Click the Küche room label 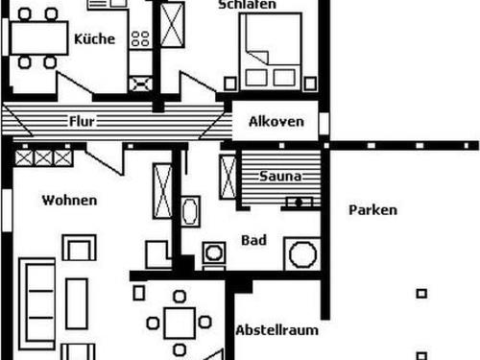94,39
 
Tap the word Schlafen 248,5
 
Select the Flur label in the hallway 82,121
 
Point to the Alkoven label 276,121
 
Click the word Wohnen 68,201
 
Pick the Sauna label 281,177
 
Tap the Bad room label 253,240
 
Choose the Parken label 372,210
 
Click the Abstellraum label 277,330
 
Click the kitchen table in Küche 37,39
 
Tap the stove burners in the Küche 140,39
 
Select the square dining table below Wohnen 179,321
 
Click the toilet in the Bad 214,255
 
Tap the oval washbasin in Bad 189,210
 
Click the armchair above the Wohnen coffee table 79,250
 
